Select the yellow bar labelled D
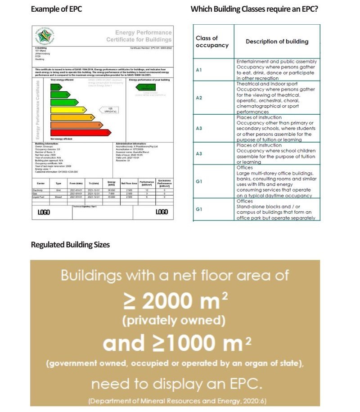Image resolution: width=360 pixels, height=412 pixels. click(68, 110)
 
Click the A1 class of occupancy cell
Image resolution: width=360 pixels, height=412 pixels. click(199, 70)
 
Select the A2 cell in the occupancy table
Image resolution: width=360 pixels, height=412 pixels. click(199, 98)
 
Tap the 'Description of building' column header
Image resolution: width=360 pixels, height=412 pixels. click(277, 41)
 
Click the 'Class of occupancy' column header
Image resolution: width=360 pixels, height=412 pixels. click(212, 41)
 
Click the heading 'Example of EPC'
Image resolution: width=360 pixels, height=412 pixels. click(56, 9)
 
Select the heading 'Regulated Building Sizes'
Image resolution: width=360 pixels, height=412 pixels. click(70, 245)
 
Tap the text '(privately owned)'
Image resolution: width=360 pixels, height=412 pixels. click(175, 321)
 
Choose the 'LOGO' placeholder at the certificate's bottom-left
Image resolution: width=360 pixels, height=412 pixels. click(44, 212)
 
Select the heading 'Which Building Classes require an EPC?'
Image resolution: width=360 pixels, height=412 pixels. click(254, 9)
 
